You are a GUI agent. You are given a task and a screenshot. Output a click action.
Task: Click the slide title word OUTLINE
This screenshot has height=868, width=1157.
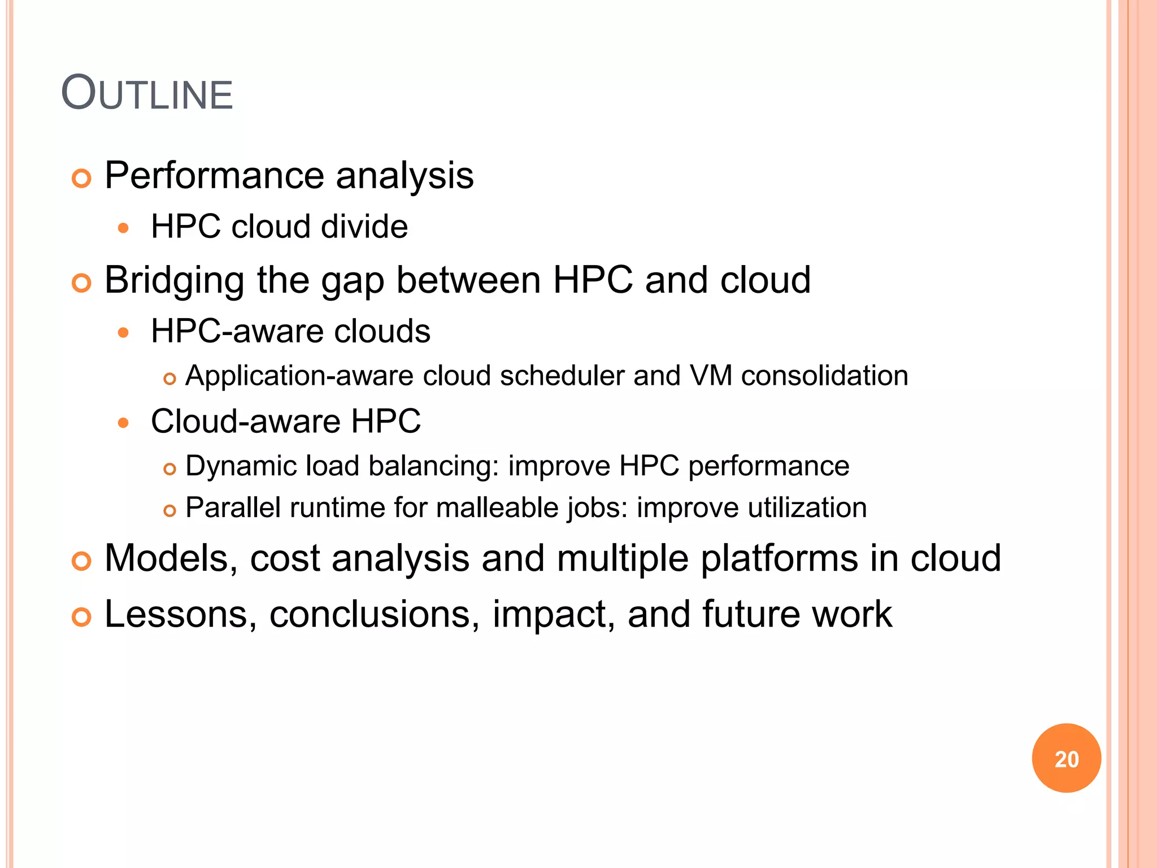[147, 93]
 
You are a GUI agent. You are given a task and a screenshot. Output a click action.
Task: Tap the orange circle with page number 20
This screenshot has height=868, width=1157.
[1066, 758]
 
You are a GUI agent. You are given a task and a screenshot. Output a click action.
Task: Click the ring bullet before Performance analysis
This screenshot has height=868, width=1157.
[82, 179]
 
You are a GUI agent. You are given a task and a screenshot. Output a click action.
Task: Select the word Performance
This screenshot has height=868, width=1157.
[214, 176]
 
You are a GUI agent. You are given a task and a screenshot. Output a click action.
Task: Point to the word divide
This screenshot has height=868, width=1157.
[364, 227]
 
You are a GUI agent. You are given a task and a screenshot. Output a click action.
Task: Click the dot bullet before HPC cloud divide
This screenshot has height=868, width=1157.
[124, 228]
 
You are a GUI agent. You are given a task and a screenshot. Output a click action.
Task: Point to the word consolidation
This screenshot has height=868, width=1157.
[824, 376]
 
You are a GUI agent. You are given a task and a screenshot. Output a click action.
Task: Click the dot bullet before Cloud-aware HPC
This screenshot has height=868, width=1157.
[124, 422]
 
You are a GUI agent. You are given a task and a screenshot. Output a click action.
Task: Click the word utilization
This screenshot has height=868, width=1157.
[807, 507]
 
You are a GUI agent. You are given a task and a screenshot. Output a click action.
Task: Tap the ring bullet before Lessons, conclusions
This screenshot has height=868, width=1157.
[82, 617]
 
